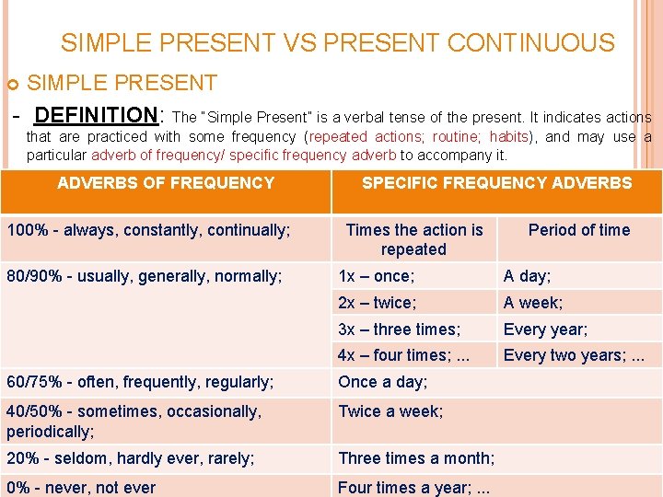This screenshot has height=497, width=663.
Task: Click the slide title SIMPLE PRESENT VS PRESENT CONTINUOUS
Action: pyautogui.click(x=337, y=43)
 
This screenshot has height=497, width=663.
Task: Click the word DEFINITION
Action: pyautogui.click(x=95, y=116)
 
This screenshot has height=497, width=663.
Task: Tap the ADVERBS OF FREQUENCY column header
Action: pyautogui.click(x=166, y=183)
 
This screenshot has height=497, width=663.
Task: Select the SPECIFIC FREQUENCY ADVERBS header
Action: pyautogui.click(x=496, y=183)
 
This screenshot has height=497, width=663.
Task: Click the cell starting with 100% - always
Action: pyautogui.click(x=148, y=230)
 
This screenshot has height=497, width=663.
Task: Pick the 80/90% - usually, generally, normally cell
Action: pyautogui.click(x=145, y=276)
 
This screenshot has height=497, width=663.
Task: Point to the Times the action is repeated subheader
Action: pyautogui.click(x=414, y=239)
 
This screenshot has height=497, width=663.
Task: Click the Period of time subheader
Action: pyautogui.click(x=579, y=230)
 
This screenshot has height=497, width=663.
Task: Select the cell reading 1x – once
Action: pyautogui.click(x=377, y=276)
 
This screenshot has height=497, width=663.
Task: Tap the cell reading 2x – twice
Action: pyautogui.click(x=378, y=303)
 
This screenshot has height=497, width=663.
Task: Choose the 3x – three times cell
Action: pyautogui.click(x=400, y=329)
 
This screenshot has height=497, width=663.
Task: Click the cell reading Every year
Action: pyautogui.click(x=545, y=329)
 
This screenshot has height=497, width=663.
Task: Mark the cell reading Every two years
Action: pyautogui.click(x=574, y=355)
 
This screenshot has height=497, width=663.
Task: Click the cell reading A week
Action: pyautogui.click(x=533, y=303)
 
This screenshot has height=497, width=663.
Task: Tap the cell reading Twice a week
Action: pyautogui.click(x=390, y=411)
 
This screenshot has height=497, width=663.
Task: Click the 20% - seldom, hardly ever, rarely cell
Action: pyautogui.click(x=131, y=458)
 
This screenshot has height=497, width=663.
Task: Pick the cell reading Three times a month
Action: pyautogui.click(x=416, y=458)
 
